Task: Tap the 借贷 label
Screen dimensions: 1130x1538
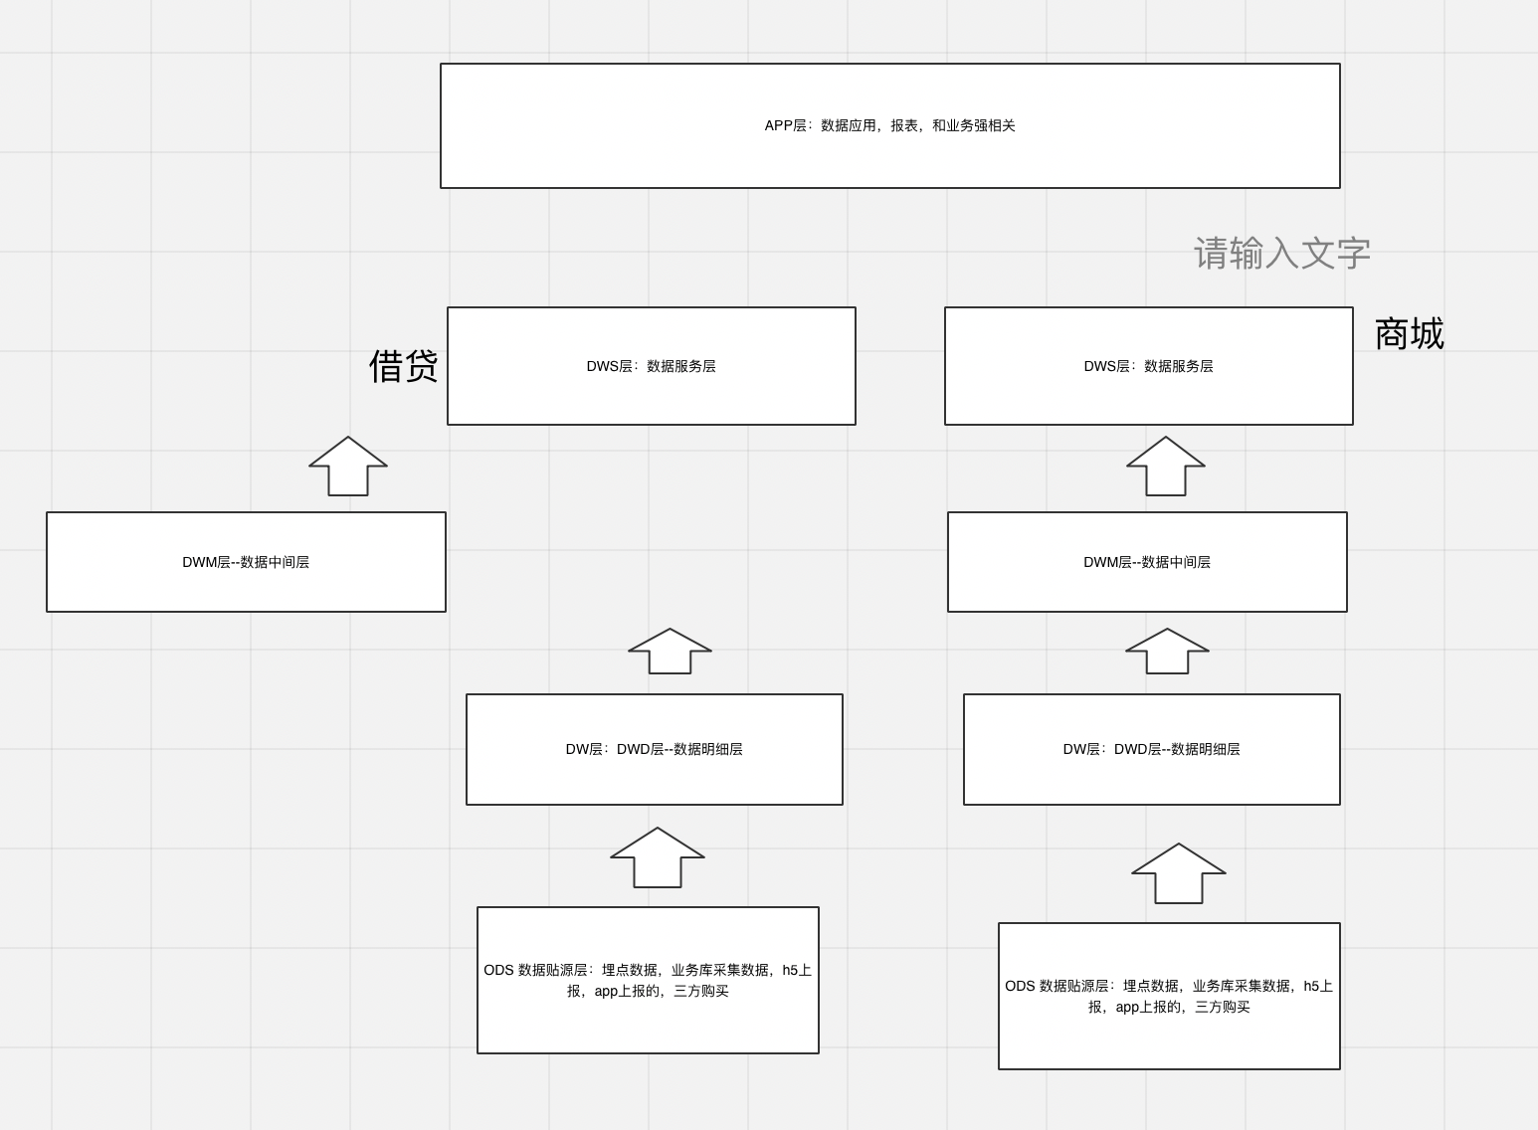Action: click(403, 366)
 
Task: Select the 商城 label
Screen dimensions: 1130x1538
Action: click(1409, 333)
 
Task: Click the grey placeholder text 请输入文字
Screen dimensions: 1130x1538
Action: click(1282, 254)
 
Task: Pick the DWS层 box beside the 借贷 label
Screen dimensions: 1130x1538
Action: click(651, 366)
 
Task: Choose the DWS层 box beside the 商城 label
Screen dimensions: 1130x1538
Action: click(1148, 366)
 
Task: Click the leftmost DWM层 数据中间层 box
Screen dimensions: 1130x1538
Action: click(246, 562)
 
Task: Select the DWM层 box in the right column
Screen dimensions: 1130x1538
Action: click(1147, 562)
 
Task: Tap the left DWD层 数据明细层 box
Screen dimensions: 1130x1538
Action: click(654, 749)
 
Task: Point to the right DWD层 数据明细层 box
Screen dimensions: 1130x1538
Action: click(1151, 749)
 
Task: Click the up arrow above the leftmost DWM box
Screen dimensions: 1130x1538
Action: click(348, 467)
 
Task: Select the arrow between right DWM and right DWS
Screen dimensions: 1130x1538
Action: click(1166, 467)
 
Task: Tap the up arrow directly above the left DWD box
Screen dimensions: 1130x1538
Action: click(670, 652)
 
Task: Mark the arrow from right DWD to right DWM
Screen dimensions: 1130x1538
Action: click(1167, 652)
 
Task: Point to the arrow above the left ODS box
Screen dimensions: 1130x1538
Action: click(658, 857)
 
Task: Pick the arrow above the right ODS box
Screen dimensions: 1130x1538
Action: click(1179, 873)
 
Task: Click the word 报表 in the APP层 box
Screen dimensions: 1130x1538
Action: click(904, 125)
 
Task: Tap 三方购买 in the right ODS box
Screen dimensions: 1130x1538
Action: click(1222, 1007)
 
